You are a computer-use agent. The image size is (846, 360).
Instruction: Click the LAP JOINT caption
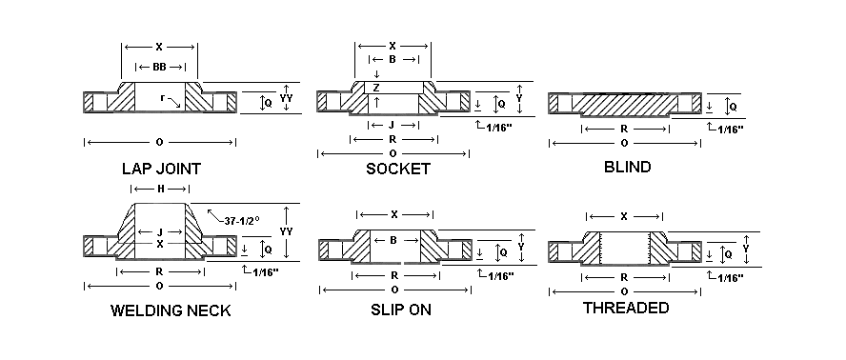click(x=161, y=170)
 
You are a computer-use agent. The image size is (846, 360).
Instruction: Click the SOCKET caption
click(x=397, y=170)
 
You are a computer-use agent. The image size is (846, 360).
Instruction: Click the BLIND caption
click(x=627, y=168)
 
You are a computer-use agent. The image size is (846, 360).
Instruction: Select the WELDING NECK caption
click(x=171, y=310)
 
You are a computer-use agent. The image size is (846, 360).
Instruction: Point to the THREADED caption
click(x=625, y=308)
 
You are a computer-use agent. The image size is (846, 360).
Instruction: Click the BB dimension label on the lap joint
click(x=159, y=67)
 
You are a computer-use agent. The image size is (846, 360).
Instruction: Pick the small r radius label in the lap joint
click(x=163, y=98)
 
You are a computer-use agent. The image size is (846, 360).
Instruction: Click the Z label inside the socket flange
click(x=376, y=88)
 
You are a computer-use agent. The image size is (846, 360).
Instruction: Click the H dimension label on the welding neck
click(x=159, y=190)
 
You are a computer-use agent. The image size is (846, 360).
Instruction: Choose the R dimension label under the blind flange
click(x=623, y=126)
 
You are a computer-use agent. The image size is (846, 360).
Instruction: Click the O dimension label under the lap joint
click(x=159, y=142)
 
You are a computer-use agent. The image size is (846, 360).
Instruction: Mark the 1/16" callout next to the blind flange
click(x=730, y=129)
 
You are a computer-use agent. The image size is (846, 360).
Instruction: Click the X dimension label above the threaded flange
click(x=624, y=216)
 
